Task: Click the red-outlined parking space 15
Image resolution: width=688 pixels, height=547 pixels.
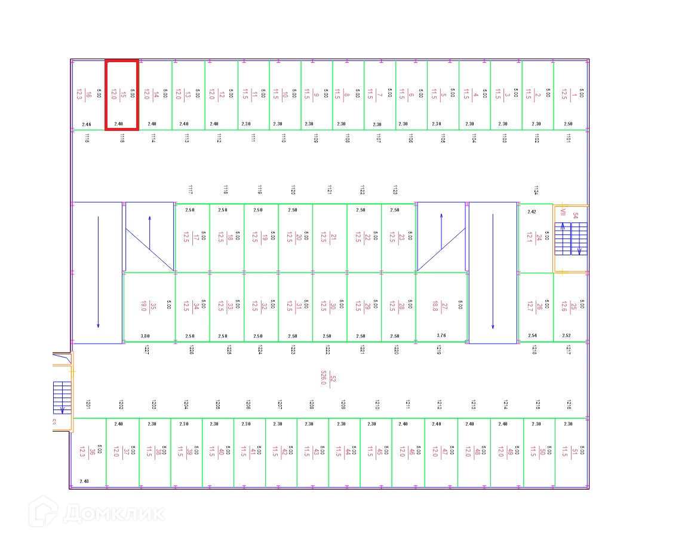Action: pos(122,94)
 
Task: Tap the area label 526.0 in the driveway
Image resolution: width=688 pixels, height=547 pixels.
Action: pos(324,378)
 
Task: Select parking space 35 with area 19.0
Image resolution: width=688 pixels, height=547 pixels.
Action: pos(149,307)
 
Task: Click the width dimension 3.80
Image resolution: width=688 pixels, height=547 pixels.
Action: pos(145,336)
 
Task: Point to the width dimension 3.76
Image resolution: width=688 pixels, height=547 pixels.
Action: pos(441,336)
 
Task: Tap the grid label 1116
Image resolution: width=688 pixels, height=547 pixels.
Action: pos(87,138)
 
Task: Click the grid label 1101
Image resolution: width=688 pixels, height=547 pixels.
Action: pos(568,138)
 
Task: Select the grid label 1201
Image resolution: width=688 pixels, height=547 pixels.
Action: pos(88,405)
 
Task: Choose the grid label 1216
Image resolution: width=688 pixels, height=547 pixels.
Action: pos(569,405)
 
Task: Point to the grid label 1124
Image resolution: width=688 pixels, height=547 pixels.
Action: pos(536,190)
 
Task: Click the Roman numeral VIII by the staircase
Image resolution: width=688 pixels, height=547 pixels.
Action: pos(563,212)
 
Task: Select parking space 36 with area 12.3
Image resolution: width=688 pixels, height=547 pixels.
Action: pos(88,452)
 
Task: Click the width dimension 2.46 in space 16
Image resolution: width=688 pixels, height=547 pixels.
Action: pos(87,124)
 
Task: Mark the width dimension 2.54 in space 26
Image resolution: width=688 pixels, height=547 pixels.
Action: pos(533,336)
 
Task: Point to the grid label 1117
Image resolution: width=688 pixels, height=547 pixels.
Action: pos(190,190)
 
